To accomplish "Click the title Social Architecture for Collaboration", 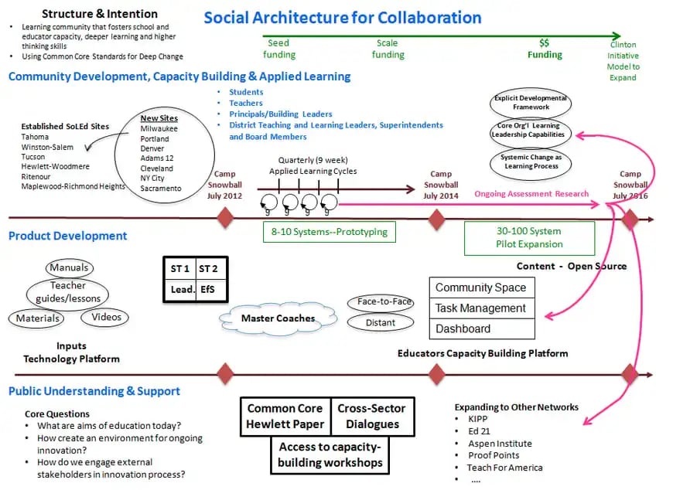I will click(342, 18).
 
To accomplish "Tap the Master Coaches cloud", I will click(278, 318).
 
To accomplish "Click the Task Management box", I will click(481, 308).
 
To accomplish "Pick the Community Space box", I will click(481, 288).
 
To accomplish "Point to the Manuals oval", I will click(69, 268).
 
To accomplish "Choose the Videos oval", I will click(106, 317).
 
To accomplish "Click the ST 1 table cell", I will click(180, 268).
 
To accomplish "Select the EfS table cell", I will click(209, 289).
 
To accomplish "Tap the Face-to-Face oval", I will click(381, 302).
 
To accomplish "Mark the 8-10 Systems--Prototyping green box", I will click(329, 231).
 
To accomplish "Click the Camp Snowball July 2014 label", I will click(440, 185).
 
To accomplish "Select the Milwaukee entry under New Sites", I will click(159, 129).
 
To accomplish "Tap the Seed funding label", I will click(279, 49).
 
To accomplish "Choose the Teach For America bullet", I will click(504, 468).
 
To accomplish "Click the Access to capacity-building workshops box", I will click(330, 454).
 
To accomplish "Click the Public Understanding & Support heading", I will click(94, 391).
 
